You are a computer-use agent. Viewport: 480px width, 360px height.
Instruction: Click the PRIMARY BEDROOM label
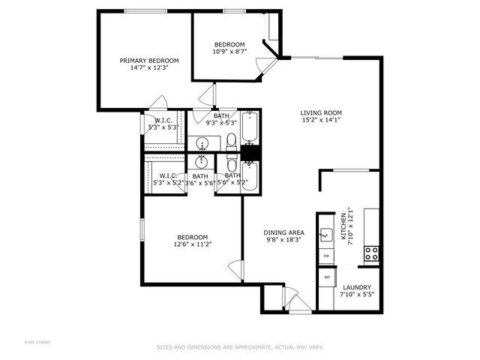(x=149, y=61)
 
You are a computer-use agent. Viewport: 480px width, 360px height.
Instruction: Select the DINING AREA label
(x=283, y=233)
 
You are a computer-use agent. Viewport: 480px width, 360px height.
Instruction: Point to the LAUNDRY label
(x=357, y=287)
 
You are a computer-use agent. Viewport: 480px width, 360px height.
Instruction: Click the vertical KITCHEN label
(x=344, y=225)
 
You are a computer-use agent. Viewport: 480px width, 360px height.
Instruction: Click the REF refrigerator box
(x=327, y=277)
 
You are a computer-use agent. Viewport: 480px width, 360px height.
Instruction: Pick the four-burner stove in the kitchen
(x=370, y=253)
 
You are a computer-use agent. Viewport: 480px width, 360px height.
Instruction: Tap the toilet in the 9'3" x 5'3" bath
(x=231, y=139)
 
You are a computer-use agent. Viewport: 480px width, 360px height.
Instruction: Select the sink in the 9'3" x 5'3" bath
(x=202, y=142)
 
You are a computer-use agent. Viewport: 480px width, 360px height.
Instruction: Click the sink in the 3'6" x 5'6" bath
(x=202, y=161)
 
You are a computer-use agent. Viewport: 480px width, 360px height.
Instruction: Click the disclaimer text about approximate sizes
(x=239, y=347)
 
